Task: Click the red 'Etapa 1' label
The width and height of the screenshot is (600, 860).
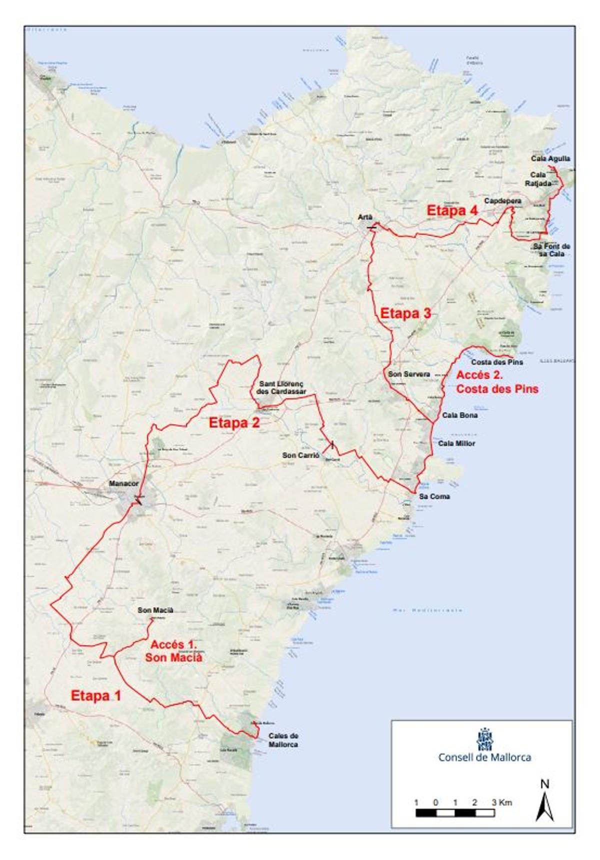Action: [x=95, y=695]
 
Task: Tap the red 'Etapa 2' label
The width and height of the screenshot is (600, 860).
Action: [x=234, y=422]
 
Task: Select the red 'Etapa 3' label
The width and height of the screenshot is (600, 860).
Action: [x=405, y=313]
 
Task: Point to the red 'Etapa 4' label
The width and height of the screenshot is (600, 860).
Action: [x=452, y=210]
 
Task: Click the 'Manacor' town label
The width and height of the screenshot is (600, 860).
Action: [x=123, y=483]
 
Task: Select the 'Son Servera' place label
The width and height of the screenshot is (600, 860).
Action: [x=409, y=374]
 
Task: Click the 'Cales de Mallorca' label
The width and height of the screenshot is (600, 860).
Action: [x=283, y=740]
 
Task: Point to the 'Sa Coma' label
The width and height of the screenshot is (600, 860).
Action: [x=434, y=496]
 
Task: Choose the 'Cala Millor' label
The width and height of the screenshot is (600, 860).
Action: [x=456, y=443]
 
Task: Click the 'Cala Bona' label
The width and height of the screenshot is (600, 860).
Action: [x=459, y=415]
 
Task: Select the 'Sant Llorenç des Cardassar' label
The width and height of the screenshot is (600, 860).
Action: [x=281, y=387]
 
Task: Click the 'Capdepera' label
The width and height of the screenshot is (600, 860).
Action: [x=502, y=200]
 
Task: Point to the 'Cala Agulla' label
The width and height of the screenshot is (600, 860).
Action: [x=550, y=158]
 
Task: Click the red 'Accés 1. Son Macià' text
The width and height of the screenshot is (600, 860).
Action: [x=173, y=651]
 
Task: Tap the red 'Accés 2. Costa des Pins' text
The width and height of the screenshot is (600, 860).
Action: [x=496, y=381]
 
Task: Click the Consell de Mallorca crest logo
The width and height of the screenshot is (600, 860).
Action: [x=484, y=738]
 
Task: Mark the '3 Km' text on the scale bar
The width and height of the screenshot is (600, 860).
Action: [x=501, y=802]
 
